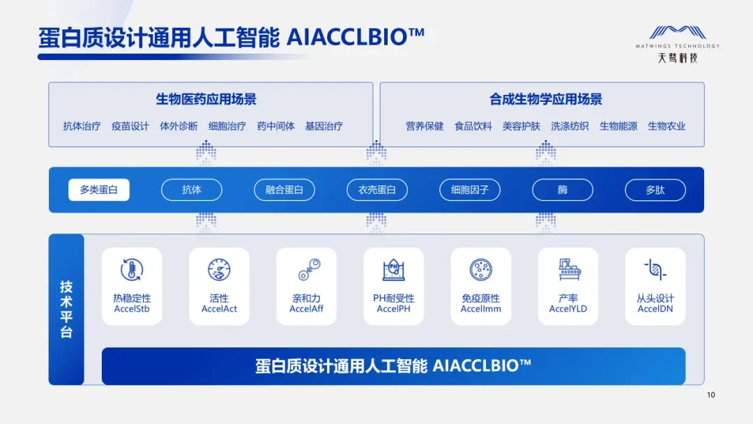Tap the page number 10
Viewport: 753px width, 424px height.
[x=710, y=395]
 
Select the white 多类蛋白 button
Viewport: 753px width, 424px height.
[x=99, y=190]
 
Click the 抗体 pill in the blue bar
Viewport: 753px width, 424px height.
[x=192, y=190]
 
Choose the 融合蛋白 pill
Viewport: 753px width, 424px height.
[x=284, y=190]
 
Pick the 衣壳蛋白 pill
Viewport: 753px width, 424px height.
[x=377, y=190]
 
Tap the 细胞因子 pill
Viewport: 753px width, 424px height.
[x=470, y=190]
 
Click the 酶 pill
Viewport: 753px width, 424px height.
[x=563, y=190]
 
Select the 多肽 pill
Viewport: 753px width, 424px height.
[x=655, y=190]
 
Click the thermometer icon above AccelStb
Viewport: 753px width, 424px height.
[x=132, y=270]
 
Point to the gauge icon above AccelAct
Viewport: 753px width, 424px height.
[x=219, y=270]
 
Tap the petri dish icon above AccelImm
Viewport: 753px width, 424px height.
[x=481, y=270]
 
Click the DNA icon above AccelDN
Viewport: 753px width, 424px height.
[x=655, y=270]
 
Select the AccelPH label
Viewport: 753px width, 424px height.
[x=393, y=309]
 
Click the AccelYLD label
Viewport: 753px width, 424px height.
[x=568, y=309]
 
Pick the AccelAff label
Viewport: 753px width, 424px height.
[x=306, y=309]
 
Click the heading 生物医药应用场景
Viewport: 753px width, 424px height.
[x=206, y=99]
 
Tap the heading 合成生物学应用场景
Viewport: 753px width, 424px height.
[x=546, y=99]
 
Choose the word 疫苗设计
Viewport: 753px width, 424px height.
[x=130, y=126]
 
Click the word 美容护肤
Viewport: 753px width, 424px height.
[x=522, y=126]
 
